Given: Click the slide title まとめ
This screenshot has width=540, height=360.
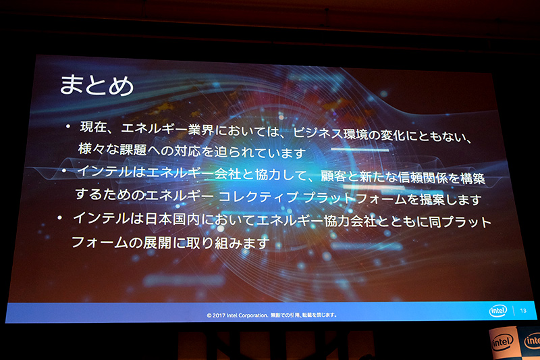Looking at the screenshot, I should [x=97, y=86].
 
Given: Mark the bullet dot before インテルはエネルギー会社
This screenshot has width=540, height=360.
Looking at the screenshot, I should [x=63, y=171].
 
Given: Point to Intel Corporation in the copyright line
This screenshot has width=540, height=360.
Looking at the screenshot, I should [x=250, y=315].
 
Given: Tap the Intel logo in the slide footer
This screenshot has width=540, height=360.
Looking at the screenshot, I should [x=497, y=311].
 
